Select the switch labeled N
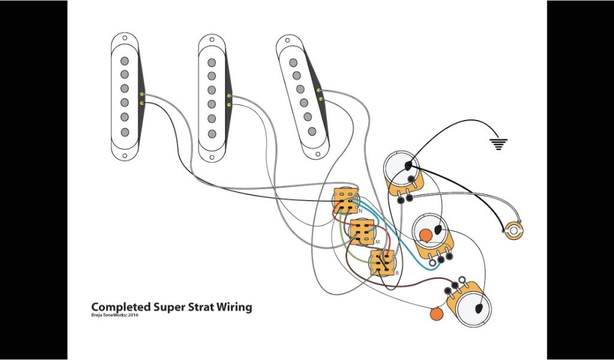point(345,200)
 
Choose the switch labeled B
point(381,263)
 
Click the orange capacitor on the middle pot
point(426,235)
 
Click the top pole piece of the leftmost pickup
point(124,61)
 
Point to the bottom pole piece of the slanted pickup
point(312,131)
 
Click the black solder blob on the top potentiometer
point(408,165)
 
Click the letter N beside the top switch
point(360,211)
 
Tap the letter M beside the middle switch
point(377,241)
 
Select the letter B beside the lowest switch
point(397,272)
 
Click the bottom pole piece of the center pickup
point(212,133)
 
